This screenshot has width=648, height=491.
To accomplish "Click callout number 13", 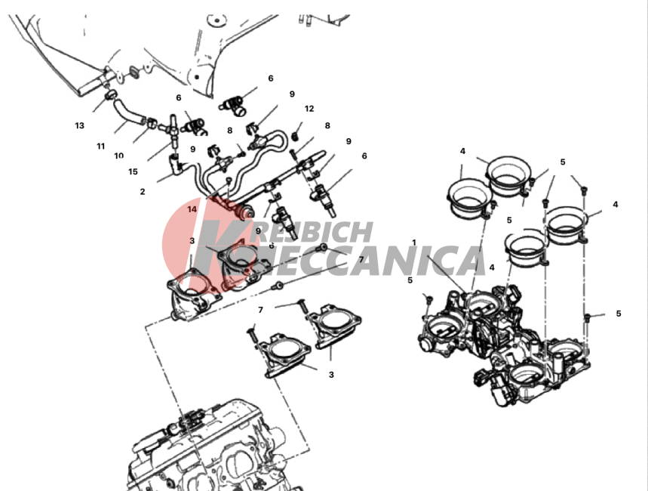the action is coord(79,125).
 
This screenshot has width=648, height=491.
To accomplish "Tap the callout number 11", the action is coord(101,146).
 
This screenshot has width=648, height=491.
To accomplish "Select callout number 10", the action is coord(119,156).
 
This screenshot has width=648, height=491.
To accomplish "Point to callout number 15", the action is coord(133,171).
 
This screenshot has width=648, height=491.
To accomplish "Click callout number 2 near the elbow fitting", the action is coord(143,192).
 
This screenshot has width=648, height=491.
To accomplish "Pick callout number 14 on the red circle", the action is coord(192,209).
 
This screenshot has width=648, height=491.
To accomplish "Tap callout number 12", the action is coord(309,109).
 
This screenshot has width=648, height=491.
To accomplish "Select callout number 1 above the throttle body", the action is coord(414,242).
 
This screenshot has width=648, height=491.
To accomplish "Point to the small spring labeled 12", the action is coord(296,135).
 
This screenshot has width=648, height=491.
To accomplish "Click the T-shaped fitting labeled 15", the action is coord(174,128).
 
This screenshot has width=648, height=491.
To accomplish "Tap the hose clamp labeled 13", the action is coord(110,96).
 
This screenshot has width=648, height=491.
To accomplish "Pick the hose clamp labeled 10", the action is coord(152,123).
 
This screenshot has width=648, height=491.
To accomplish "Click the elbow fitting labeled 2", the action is coord(177,165).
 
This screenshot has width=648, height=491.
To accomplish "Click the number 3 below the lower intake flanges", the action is coord(331,375).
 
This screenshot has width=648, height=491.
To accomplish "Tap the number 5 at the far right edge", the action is coord(619,313).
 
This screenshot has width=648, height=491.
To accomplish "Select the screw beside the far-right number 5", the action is coord(587,318).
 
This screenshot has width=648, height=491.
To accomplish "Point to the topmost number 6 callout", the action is coord(271,79).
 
